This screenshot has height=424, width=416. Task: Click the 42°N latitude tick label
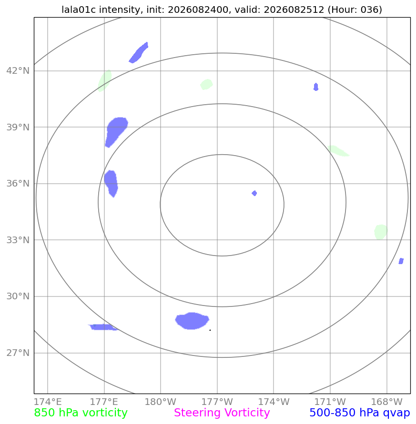[x=18, y=71]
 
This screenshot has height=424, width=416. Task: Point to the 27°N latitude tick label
[x=18, y=353]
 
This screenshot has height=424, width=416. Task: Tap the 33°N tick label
[x=18, y=240]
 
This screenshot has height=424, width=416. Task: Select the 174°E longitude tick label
[x=48, y=402]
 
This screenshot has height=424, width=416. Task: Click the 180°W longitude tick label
[x=160, y=402]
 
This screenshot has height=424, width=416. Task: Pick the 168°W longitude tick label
[x=386, y=402]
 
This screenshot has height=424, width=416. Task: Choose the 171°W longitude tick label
[x=330, y=402]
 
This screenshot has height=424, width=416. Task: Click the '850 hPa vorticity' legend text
[x=81, y=413]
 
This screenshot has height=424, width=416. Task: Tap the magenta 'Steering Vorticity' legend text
[x=222, y=413]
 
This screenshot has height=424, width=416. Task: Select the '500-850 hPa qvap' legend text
[x=360, y=413]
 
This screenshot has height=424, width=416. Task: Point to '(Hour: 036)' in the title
[x=355, y=10]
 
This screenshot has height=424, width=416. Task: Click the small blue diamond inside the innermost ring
[x=254, y=193]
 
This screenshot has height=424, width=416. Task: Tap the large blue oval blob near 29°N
[x=192, y=321]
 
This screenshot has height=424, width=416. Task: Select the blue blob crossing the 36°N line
[x=111, y=183]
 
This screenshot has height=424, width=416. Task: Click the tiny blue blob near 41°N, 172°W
[x=316, y=87]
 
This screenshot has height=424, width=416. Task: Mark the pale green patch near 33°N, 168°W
[x=381, y=232]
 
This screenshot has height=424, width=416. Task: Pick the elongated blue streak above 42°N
[x=138, y=53]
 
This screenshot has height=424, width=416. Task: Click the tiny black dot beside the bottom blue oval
[x=210, y=330]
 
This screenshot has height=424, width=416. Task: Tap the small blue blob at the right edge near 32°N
[x=401, y=261]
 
